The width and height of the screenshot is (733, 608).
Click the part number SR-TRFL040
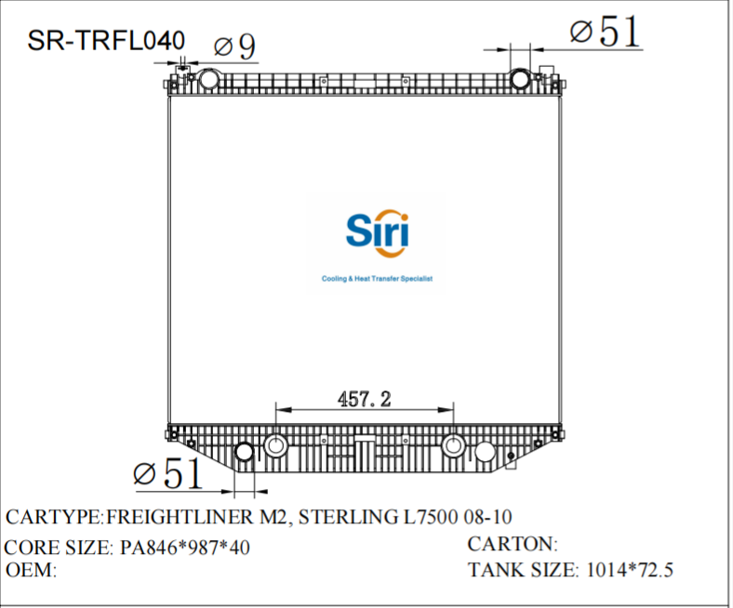pos(106,40)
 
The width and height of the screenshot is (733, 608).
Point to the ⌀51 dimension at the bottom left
pos(167,474)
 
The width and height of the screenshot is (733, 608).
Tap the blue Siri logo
pos(377,230)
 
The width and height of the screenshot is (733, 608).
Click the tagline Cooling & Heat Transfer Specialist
pos(377,279)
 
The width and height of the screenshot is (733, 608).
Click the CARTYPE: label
pos(54,518)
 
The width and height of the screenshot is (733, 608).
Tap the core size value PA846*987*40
pos(185,548)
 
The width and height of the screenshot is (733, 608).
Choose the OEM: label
pos(33,570)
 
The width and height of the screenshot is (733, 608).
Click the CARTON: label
pos(512,544)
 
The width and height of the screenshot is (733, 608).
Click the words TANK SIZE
pos(523,570)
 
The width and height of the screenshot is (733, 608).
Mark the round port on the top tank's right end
pos(521,79)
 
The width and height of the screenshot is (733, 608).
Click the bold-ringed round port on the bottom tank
pos(245,453)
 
